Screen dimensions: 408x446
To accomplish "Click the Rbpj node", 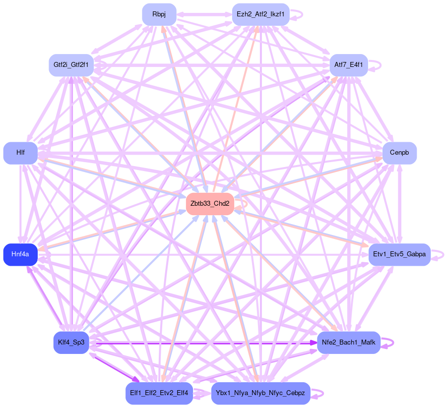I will click(159, 14).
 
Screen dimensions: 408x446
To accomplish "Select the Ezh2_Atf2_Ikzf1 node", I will click(260, 14).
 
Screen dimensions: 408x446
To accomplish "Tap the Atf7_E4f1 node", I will click(348, 65).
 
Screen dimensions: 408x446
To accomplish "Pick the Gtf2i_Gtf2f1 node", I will click(71, 65).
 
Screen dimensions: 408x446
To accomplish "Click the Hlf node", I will click(20, 153).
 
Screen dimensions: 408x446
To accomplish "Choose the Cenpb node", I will click(399, 153).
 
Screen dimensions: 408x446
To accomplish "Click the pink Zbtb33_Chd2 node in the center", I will click(210, 204).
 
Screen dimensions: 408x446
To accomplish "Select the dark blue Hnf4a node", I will click(20, 254).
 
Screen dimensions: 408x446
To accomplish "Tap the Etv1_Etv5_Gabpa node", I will click(399, 254).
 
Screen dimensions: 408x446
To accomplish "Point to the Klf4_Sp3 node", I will click(71, 343).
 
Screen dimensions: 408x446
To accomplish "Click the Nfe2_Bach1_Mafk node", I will click(348, 343).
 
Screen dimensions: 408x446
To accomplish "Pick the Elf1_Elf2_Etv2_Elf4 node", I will click(159, 393).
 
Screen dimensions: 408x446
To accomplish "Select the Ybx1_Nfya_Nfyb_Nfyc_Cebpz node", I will click(260, 393).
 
